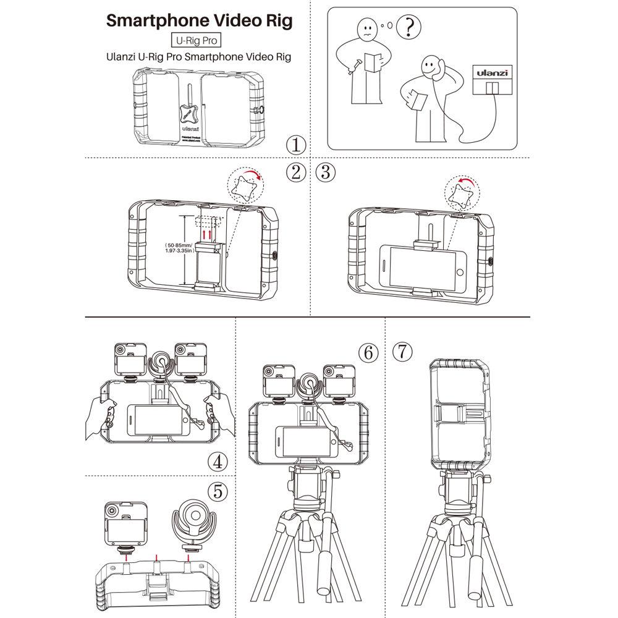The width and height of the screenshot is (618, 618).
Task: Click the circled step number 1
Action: [297, 145]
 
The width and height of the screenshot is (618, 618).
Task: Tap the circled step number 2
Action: [297, 172]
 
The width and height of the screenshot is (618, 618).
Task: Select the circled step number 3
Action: [326, 172]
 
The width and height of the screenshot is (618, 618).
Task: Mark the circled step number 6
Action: [368, 353]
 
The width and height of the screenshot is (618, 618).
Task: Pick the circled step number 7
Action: [402, 353]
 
